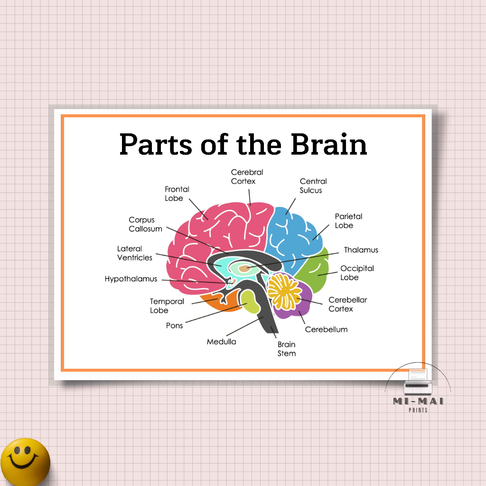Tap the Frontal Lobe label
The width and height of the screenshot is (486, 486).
(177, 194)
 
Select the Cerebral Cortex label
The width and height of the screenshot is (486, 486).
(247, 177)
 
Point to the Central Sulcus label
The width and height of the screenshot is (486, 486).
(313, 186)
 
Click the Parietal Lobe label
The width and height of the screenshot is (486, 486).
(348, 221)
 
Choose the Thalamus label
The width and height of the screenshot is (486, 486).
(361, 250)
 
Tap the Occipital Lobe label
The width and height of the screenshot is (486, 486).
(357, 273)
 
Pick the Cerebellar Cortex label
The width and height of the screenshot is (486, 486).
(347, 304)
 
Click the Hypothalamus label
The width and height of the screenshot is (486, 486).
(131, 279)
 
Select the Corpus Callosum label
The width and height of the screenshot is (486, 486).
(145, 224)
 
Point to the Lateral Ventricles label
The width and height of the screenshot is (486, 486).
(135, 253)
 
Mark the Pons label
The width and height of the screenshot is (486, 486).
(174, 326)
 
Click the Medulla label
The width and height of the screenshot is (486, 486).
(221, 341)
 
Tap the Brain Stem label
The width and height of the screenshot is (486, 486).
(287, 349)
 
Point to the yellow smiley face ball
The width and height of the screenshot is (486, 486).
(25, 461)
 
